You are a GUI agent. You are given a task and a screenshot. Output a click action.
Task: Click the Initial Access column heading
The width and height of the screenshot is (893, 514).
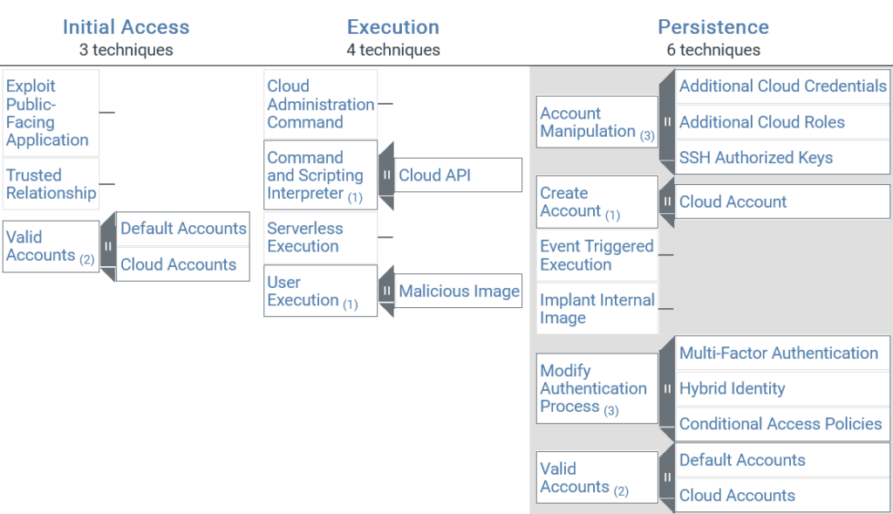coord(126,27)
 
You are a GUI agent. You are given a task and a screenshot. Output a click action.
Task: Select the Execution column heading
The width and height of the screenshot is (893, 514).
coord(392,27)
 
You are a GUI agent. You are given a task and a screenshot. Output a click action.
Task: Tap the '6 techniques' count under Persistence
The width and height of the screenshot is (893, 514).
coord(713,50)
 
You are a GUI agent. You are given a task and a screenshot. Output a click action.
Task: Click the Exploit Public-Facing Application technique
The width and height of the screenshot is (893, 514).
coord(47,113)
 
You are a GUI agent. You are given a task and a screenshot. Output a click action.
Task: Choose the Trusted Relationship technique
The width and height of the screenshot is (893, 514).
coord(51,184)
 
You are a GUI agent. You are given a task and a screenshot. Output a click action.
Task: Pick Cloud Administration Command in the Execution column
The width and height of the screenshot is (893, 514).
coord(320,104)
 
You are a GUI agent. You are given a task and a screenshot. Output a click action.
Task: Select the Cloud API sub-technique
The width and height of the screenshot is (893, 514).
coord(434,175)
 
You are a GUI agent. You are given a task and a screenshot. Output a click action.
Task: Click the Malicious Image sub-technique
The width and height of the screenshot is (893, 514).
coord(459,291)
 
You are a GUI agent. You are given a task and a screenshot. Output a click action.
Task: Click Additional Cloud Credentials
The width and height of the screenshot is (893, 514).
coord(782,86)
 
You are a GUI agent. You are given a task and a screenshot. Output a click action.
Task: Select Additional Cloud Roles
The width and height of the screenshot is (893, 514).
coord(761,122)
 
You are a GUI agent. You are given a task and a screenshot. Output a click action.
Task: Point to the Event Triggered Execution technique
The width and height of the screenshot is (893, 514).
coord(596,255)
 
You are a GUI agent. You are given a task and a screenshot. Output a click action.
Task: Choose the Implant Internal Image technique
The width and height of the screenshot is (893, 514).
coord(596,309)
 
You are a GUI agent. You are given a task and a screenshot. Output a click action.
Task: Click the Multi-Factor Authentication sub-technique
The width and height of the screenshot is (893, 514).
coord(778,353)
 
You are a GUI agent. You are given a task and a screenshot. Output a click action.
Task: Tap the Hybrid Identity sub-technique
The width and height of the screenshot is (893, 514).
coord(732,389)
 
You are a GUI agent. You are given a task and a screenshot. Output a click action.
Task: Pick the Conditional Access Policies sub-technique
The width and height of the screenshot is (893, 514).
coord(780,424)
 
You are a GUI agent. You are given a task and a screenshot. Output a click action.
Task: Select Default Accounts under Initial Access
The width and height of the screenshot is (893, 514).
coord(183,229)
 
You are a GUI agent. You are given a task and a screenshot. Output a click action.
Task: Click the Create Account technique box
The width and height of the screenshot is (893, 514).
coord(596,202)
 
